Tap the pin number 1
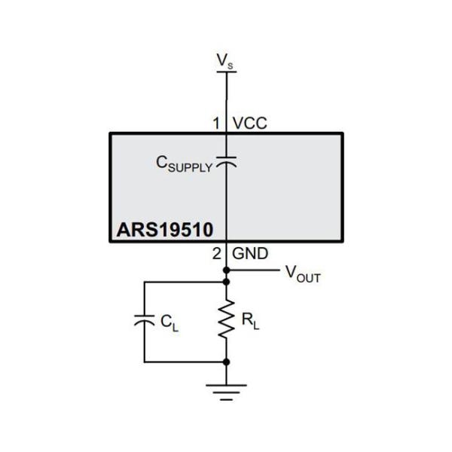(x=215, y=122)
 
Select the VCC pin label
(x=249, y=122)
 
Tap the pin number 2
(x=215, y=254)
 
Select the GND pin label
(x=250, y=254)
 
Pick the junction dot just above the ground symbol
(x=225, y=362)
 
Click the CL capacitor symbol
(x=143, y=320)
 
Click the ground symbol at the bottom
(x=225, y=390)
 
